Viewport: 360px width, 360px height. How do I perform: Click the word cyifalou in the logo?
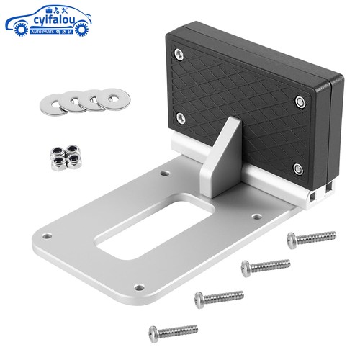pos(55,19)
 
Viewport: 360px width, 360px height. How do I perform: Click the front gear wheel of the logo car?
pos(81,29)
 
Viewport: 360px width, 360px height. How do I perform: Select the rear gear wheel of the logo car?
pos(21,29)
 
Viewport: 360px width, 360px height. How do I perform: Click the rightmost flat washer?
pos(114,99)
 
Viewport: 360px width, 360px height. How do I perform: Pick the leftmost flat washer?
pos(53,104)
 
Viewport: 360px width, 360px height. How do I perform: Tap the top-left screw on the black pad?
pos(179,54)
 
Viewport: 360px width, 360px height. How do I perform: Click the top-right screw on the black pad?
pos(300,102)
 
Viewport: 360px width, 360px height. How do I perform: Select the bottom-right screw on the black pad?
pos(298,169)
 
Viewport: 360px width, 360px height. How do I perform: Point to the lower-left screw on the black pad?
pos(181,118)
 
